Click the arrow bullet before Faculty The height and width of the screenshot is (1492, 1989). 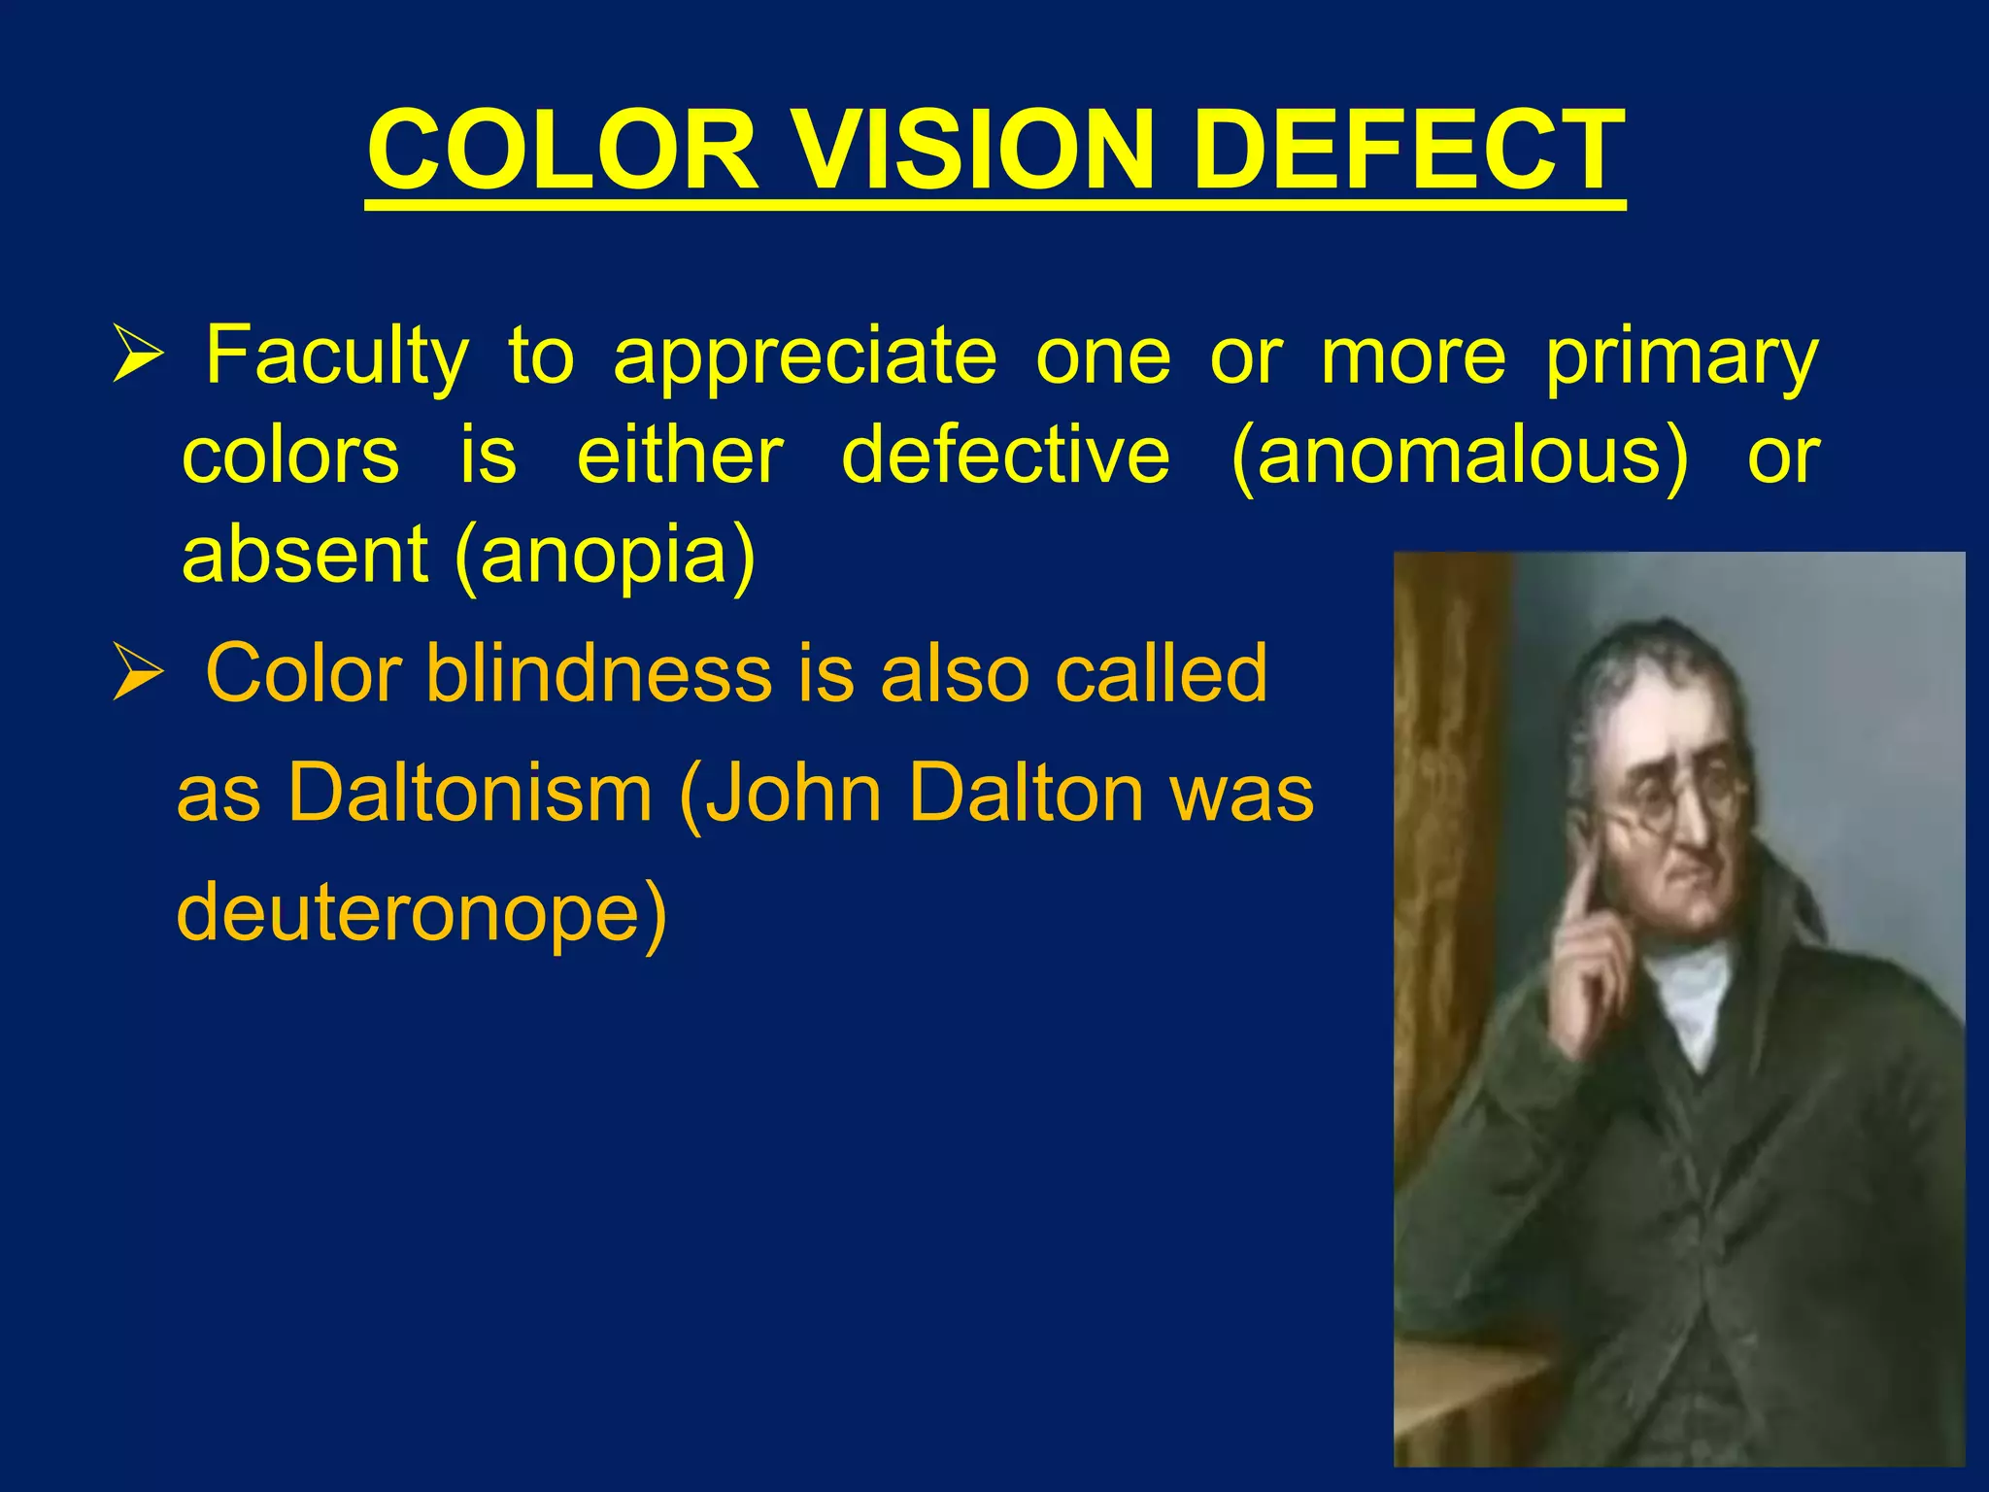[136, 356]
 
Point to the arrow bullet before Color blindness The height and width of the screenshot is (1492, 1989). [136, 673]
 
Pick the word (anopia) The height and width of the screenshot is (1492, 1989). [604, 556]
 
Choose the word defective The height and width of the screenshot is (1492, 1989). [1005, 457]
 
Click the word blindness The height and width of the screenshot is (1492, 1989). [598, 673]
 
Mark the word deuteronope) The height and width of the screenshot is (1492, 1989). [421, 913]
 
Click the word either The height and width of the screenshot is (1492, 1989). [680, 457]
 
